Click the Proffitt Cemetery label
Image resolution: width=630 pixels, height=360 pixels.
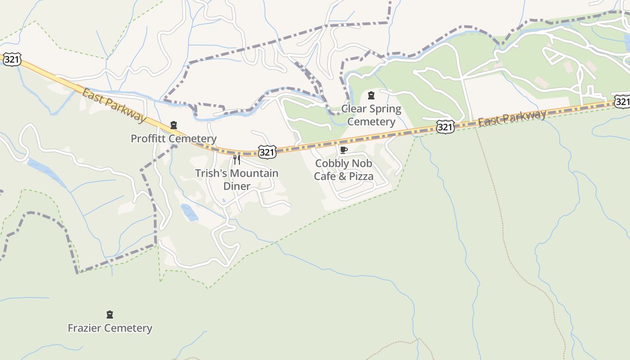click(173, 139)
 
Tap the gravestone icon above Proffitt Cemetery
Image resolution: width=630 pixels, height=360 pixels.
click(174, 125)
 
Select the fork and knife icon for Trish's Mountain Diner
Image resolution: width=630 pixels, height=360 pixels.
click(237, 160)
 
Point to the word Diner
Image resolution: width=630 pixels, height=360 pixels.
click(237, 186)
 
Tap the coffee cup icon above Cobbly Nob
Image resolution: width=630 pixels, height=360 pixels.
click(344, 150)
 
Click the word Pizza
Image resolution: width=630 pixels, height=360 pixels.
click(359, 176)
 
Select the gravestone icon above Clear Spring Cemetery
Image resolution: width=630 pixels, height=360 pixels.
click(371, 95)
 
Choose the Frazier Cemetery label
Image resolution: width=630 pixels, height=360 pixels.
click(110, 328)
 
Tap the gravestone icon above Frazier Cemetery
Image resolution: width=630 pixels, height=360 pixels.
click(109, 315)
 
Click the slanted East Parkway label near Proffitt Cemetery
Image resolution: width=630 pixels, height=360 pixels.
click(114, 105)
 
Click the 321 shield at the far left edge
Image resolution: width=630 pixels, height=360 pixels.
click(12, 59)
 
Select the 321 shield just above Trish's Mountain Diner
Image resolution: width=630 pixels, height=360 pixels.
click(267, 152)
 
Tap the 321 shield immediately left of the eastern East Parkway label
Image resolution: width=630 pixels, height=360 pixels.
click(445, 127)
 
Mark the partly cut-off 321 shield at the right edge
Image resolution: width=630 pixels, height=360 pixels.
click(623, 101)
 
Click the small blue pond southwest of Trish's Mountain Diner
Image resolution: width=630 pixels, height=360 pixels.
click(189, 212)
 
